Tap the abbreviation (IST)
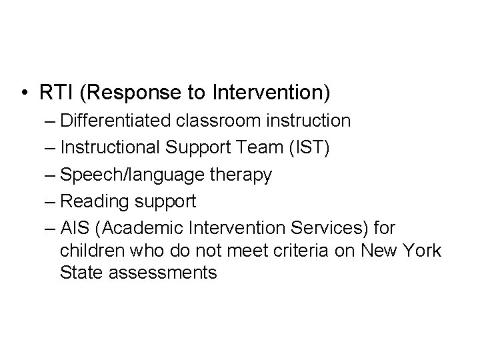point(306,148)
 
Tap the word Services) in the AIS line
point(323,229)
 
